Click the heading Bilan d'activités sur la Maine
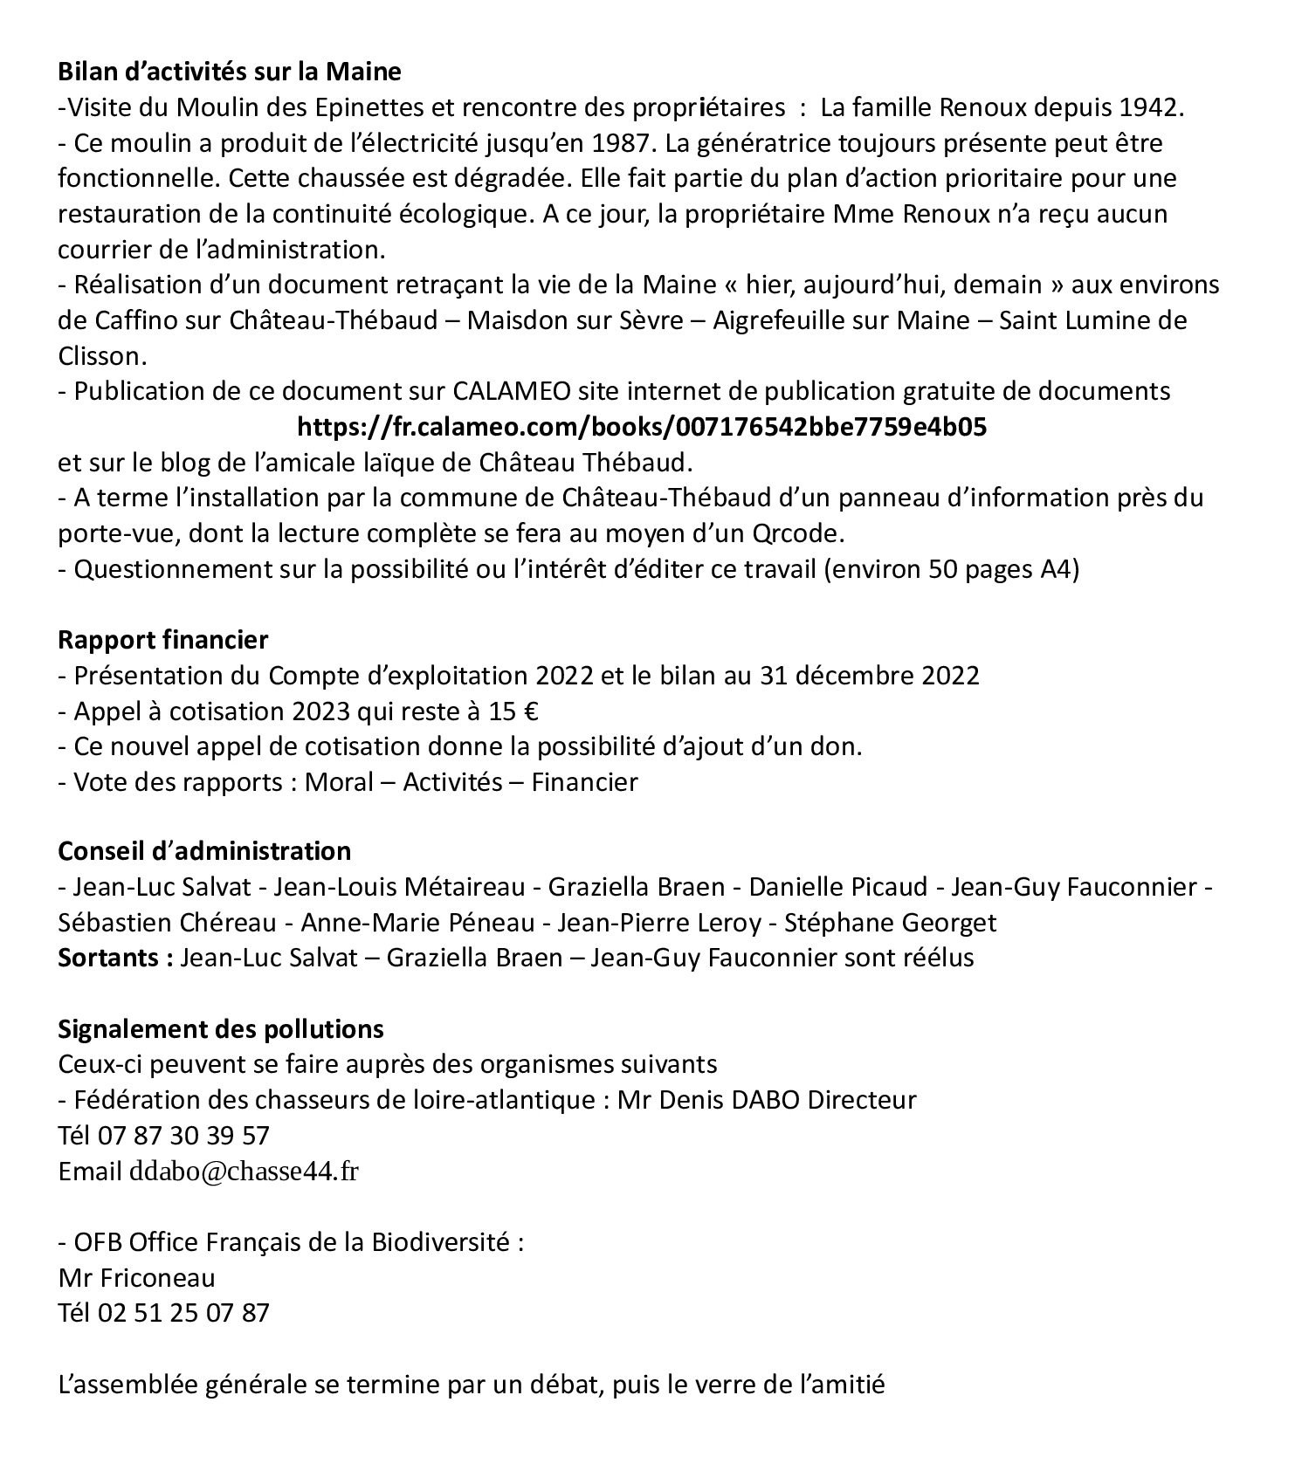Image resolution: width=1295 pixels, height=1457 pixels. pos(230,71)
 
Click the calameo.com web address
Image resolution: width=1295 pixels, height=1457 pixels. pos(642,427)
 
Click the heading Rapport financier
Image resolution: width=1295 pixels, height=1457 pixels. pos(163,639)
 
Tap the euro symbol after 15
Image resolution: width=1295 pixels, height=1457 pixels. pos(528,711)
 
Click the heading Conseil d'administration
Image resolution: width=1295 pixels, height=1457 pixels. pos(204,850)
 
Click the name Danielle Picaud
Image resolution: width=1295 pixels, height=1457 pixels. pos(838,887)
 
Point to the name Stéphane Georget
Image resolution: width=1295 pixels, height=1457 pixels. pos(891,923)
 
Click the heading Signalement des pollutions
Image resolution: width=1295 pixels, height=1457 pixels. pos(221,1028)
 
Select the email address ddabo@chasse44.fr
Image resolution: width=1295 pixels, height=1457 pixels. pos(244,1172)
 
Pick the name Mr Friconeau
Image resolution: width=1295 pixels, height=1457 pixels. pos(136,1278)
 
